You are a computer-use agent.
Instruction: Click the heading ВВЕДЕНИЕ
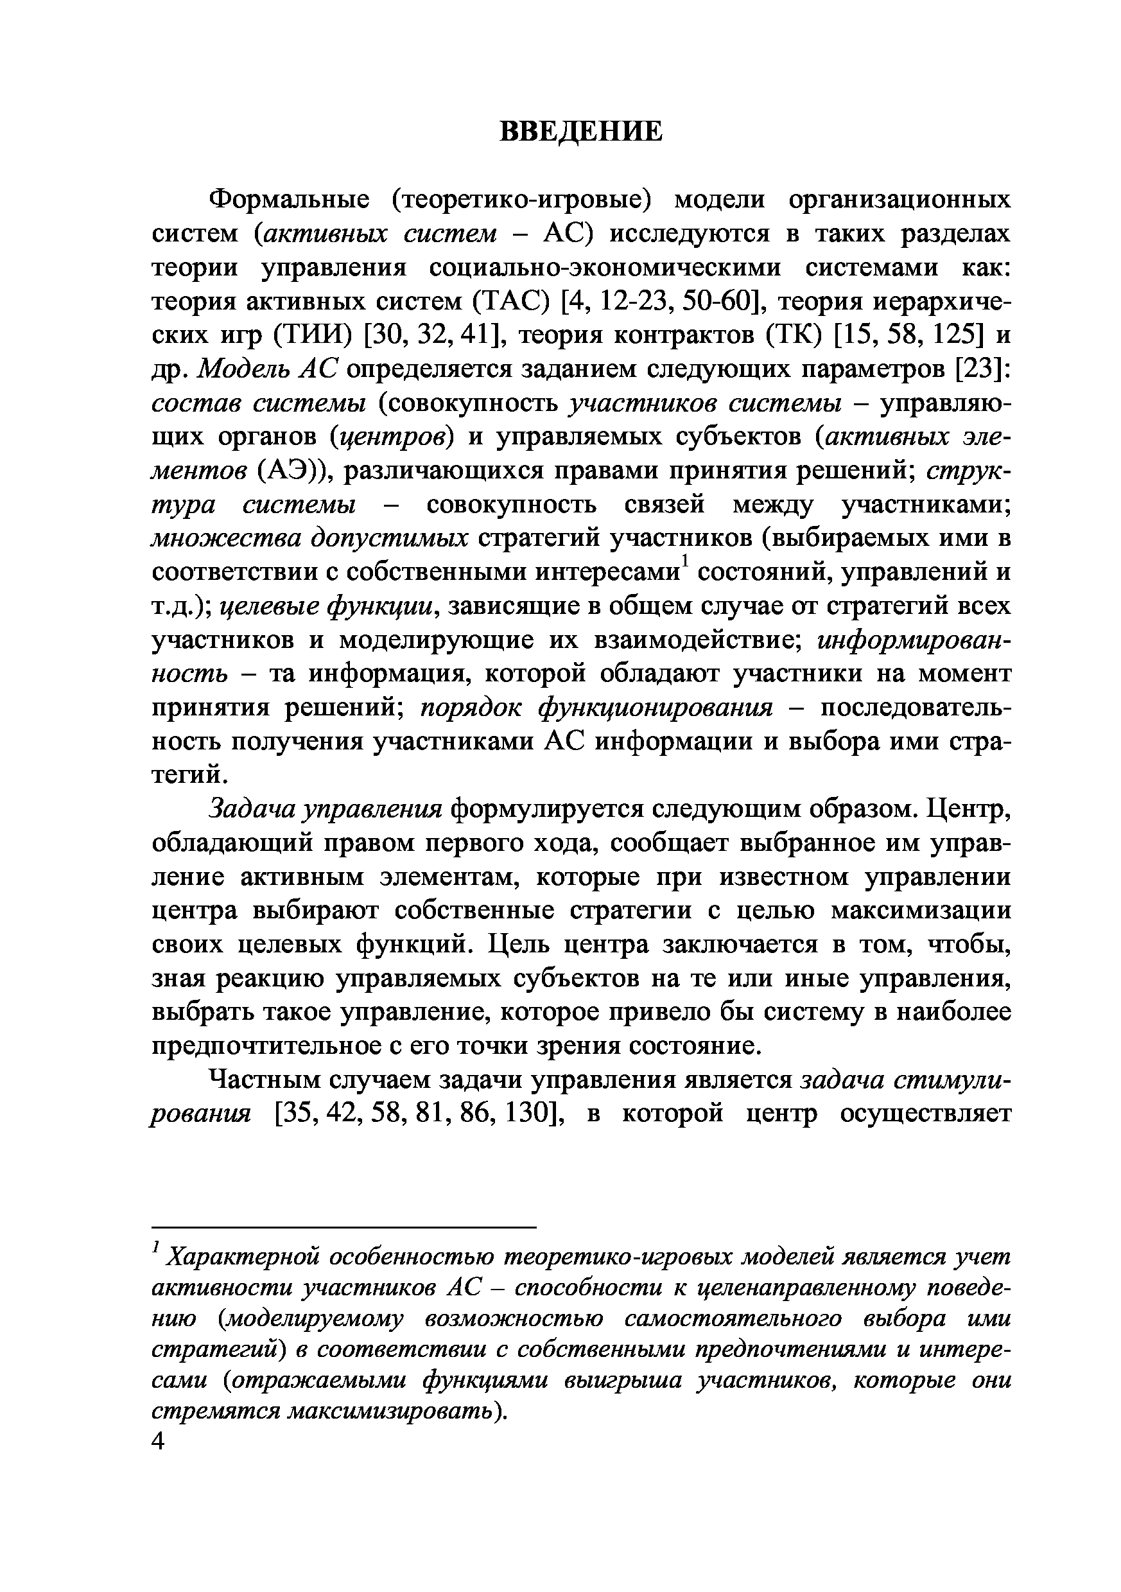tap(581, 131)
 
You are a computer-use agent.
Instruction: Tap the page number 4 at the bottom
tap(159, 1442)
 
